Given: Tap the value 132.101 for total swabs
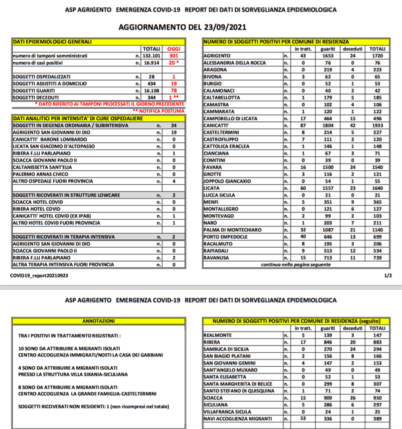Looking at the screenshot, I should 152,56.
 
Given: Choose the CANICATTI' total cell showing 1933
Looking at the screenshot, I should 377,124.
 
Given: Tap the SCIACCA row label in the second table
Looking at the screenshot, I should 214,398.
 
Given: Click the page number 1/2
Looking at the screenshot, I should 388,275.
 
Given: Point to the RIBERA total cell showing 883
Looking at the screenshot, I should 377,343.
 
